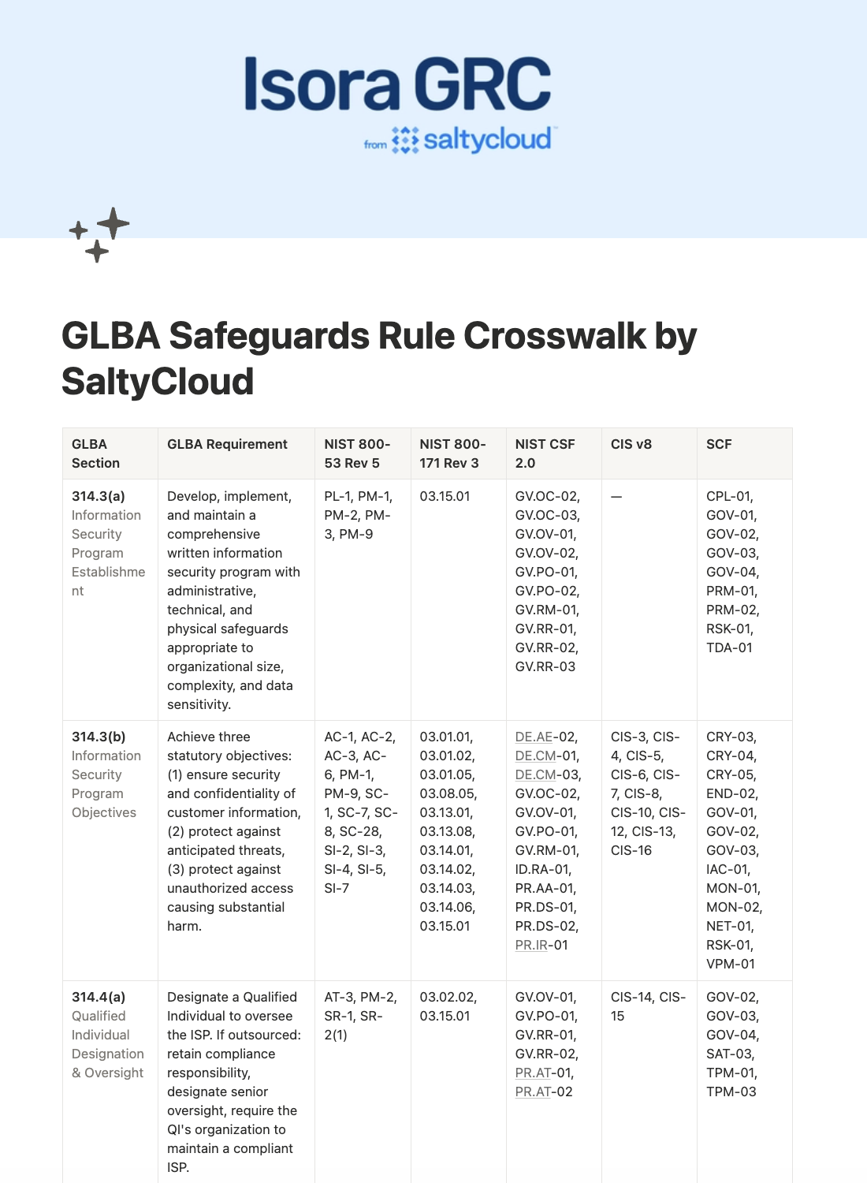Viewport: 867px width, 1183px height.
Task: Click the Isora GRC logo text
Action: coord(397,84)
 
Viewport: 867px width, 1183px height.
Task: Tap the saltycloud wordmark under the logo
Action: coord(486,140)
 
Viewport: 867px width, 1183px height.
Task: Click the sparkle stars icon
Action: coord(99,234)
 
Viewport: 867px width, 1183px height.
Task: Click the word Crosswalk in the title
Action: coord(555,336)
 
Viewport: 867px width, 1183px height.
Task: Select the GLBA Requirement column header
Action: coord(227,444)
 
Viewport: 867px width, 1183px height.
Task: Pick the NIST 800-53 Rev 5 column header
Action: coord(357,453)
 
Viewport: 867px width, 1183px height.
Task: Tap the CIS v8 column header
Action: coord(631,444)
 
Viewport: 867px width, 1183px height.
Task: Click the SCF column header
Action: coord(719,444)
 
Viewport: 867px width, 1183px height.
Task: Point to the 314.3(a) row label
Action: coord(99,496)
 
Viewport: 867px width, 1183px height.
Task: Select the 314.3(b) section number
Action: coord(99,737)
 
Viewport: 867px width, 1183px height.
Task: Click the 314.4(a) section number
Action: coord(99,997)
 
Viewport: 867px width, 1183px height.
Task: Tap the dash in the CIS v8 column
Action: coord(616,496)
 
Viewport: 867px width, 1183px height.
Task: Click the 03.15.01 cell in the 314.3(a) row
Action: coord(445,496)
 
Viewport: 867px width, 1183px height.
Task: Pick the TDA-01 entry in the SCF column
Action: coord(729,647)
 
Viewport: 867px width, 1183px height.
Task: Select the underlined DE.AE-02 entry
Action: coord(546,737)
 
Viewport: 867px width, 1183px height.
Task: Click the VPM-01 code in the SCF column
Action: coord(730,964)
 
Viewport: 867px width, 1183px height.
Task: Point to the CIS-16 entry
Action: coord(631,850)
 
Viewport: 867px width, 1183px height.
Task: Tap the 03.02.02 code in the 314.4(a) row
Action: coord(446,997)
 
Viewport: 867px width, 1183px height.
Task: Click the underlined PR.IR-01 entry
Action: coord(541,945)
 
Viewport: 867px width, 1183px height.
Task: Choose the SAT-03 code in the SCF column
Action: coord(730,1054)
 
